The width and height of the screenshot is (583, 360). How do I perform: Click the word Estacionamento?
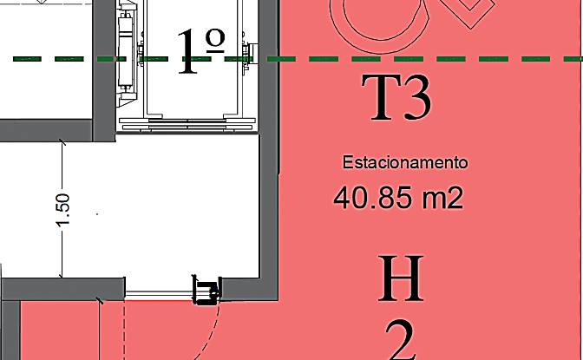coord(405,162)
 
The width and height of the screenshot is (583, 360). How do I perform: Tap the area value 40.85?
coord(373,198)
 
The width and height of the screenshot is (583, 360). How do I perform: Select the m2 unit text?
coord(442,198)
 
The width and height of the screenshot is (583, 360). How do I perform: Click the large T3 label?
coord(397,97)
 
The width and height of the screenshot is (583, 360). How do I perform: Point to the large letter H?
coord(401,278)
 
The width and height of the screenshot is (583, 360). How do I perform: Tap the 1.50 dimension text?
coord(62,209)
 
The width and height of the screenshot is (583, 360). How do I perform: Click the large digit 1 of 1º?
coord(187,52)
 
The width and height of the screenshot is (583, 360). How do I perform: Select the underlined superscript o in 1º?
coord(215,41)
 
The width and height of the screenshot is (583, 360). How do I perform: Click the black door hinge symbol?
coord(206,290)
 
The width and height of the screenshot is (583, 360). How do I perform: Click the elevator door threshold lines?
coord(187,125)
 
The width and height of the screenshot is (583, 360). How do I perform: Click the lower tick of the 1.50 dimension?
coord(61,276)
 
